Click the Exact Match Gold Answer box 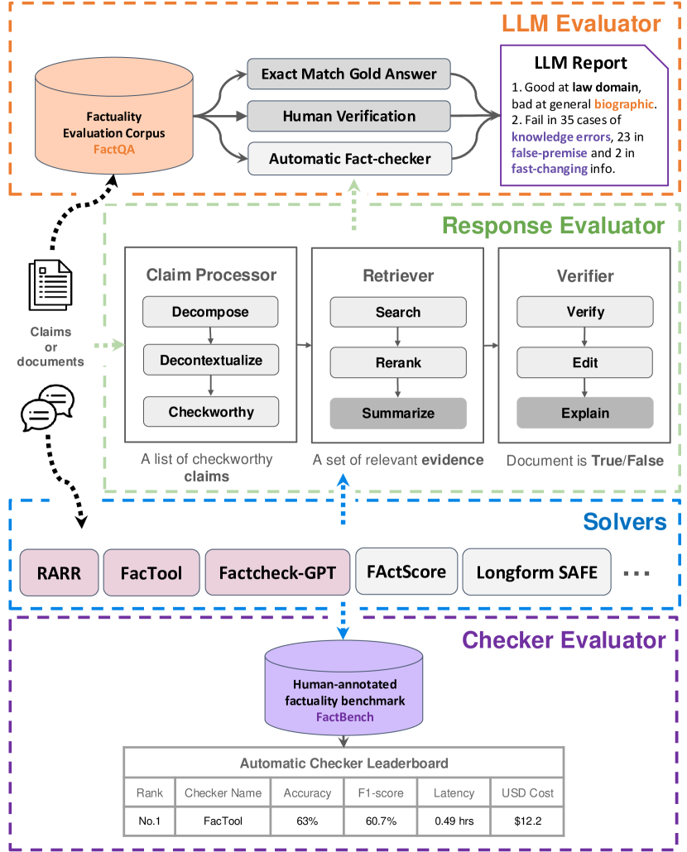point(348,74)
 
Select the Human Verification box point(348,116)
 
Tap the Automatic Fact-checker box point(348,157)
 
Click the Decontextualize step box point(210,361)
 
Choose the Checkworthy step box point(210,411)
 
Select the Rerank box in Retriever point(397,362)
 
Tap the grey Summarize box point(397,413)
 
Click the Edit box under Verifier point(585,362)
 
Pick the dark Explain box point(585,413)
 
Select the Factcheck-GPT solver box point(276,572)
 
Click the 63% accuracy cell point(307,822)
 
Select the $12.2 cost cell point(527,822)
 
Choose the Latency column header point(454,792)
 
